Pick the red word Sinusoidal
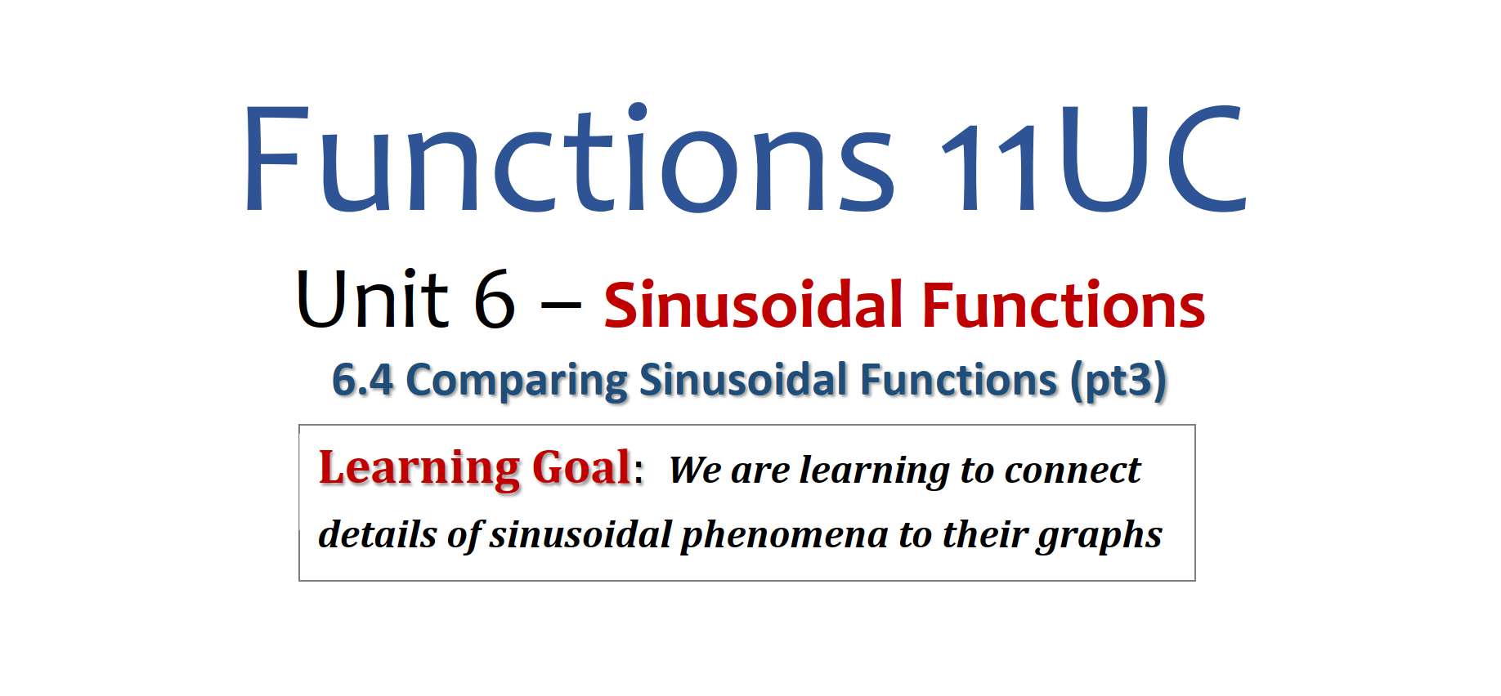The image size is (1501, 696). (x=753, y=305)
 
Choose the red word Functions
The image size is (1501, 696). (x=1064, y=305)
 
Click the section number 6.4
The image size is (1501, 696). (x=363, y=381)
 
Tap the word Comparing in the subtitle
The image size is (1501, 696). (x=517, y=381)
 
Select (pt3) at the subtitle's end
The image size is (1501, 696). (x=1118, y=381)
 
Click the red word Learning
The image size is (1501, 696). (x=419, y=469)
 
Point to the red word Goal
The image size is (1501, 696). (x=581, y=468)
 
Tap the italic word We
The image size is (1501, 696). (x=695, y=470)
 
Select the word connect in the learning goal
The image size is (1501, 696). (x=1072, y=471)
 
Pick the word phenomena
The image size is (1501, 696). (x=784, y=536)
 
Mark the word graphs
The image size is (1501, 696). (x=1100, y=536)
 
